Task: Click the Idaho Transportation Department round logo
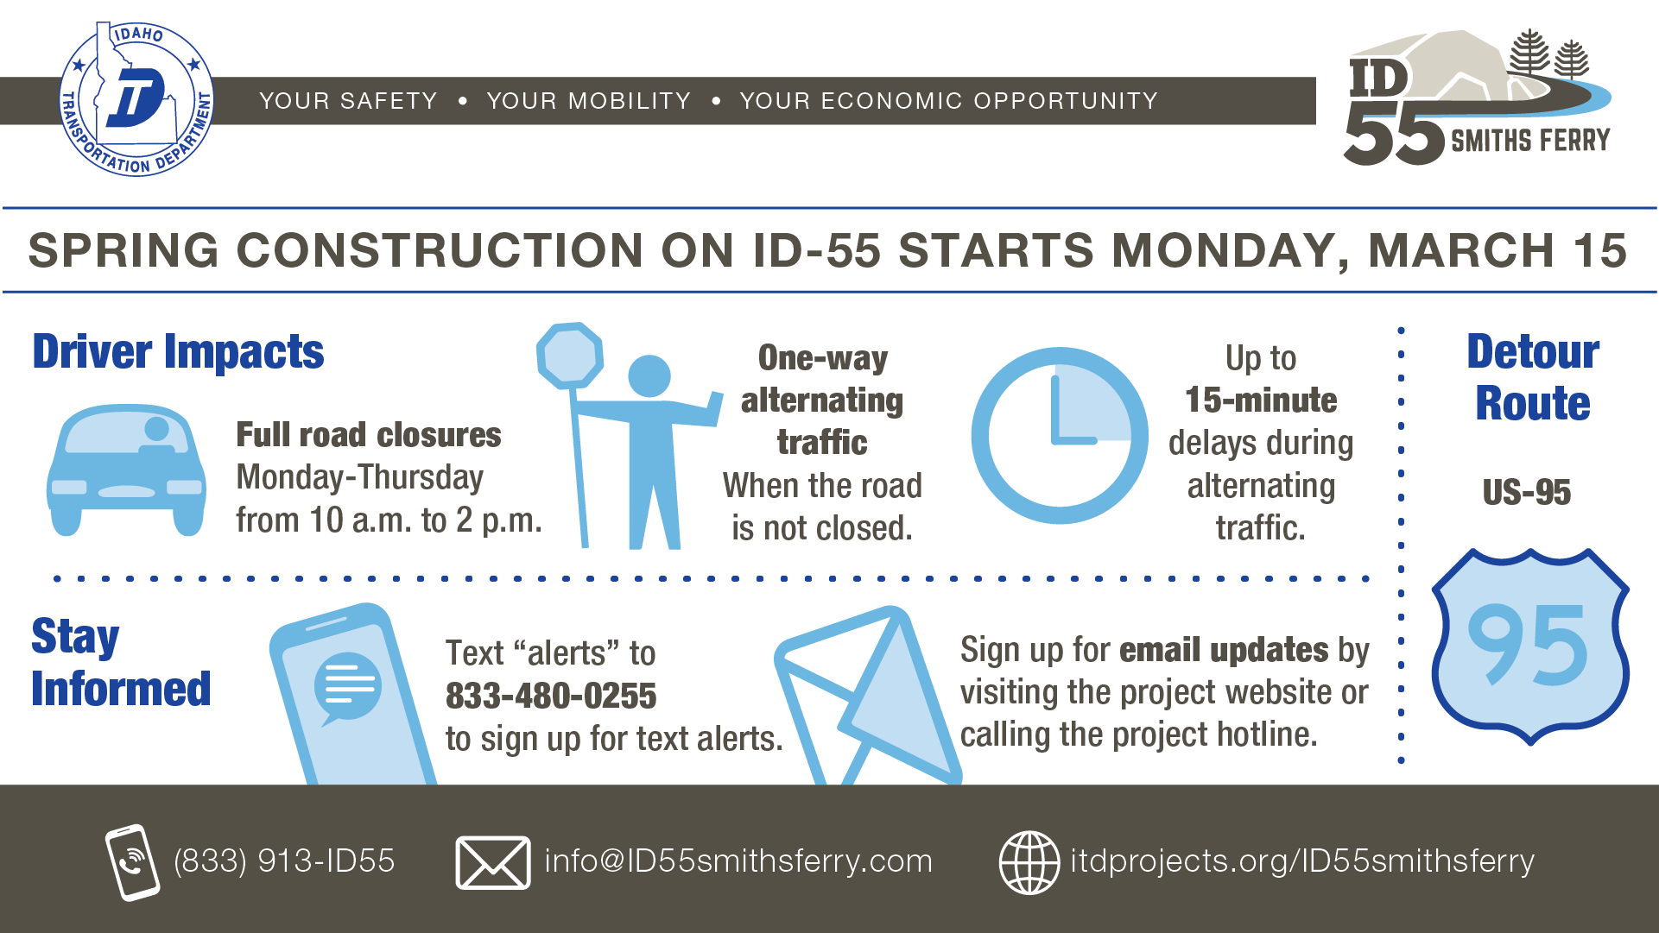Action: click(x=136, y=100)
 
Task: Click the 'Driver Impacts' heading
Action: click(x=178, y=352)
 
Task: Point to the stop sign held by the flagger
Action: click(x=569, y=356)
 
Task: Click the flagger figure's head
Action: click(x=649, y=376)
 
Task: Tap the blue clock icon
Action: click(x=1060, y=436)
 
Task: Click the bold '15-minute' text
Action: click(x=1261, y=400)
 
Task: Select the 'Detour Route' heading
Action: click(x=1533, y=377)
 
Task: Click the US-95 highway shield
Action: click(x=1529, y=646)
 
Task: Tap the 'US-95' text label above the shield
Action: click(x=1527, y=493)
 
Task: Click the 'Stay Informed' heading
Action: click(x=121, y=662)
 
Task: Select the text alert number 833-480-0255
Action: click(x=551, y=696)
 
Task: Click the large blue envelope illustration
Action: click(x=868, y=695)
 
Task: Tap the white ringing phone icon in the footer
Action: click(x=132, y=862)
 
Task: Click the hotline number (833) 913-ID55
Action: click(x=284, y=861)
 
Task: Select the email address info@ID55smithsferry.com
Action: click(x=738, y=861)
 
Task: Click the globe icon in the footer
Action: click(x=1029, y=862)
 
